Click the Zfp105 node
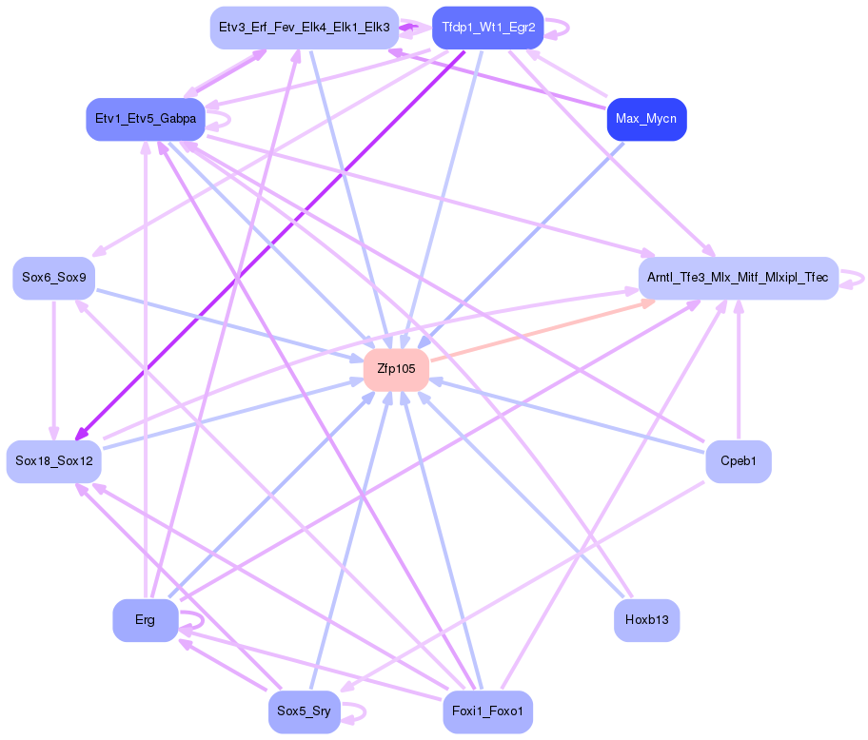[x=396, y=369]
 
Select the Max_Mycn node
[x=646, y=119]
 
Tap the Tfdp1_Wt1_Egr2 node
[x=487, y=28]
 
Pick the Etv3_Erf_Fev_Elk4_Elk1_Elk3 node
[x=304, y=28]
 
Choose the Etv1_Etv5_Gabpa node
[x=146, y=119]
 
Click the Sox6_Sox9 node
[x=53, y=278]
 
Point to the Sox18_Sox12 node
[x=53, y=461]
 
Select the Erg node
[x=145, y=620]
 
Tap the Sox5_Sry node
[x=304, y=711]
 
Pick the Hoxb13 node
[x=646, y=620]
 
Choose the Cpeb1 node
[x=738, y=461]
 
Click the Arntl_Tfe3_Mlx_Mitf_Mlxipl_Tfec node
[x=738, y=278]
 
